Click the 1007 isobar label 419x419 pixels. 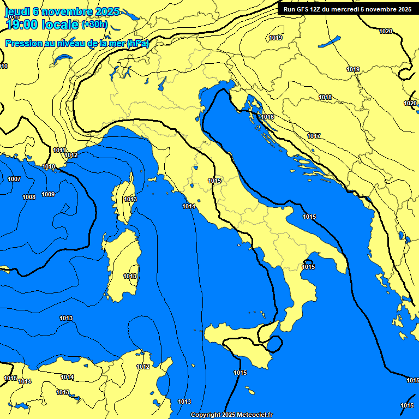[14, 179]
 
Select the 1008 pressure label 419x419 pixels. [29, 197]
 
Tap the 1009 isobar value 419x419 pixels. [48, 194]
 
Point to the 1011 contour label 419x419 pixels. [59, 150]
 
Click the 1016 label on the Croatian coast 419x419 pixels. [267, 117]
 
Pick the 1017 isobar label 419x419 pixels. [314, 136]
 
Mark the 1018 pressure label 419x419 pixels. [326, 97]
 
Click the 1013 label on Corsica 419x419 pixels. [130, 199]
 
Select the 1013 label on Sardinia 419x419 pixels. [130, 277]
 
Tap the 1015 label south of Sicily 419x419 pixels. [240, 373]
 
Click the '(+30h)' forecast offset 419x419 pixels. [94, 25]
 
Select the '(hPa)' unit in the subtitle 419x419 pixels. [137, 43]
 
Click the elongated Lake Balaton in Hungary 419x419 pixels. [330, 41]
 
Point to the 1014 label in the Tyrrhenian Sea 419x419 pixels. [189, 206]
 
